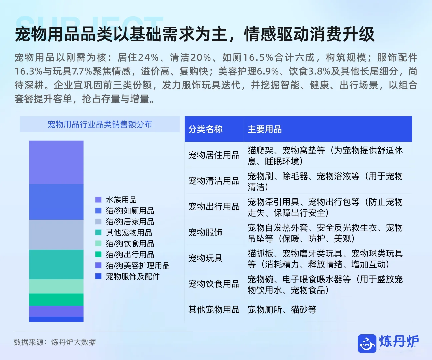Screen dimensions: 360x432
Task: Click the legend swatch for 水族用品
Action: coord(98,200)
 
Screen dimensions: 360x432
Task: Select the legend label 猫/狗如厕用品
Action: coord(130,211)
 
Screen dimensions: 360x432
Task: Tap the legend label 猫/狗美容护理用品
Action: coord(138,265)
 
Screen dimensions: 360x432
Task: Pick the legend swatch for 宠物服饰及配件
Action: coord(98,276)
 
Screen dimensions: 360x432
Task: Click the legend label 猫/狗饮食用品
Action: coord(130,243)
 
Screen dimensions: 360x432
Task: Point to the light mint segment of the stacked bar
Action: coord(56,286)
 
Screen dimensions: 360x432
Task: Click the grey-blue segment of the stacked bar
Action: coord(56,235)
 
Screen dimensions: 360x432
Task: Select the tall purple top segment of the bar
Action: coord(56,162)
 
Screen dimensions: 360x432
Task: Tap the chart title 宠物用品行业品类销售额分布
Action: coord(100,124)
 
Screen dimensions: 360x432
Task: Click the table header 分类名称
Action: coord(205,129)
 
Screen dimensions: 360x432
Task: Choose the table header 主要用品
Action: coord(265,129)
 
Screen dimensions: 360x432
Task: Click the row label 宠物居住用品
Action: coord(214,155)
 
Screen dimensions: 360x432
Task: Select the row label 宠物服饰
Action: coord(205,232)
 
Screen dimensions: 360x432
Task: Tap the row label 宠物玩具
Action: coord(205,258)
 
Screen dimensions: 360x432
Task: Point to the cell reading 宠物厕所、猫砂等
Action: coord(282,310)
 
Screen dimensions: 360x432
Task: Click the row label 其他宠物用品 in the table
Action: coord(214,310)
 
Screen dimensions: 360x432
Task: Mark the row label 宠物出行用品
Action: coord(214,207)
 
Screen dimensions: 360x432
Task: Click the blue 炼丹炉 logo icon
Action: coord(367,343)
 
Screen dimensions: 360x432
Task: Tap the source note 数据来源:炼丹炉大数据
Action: coord(55,342)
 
